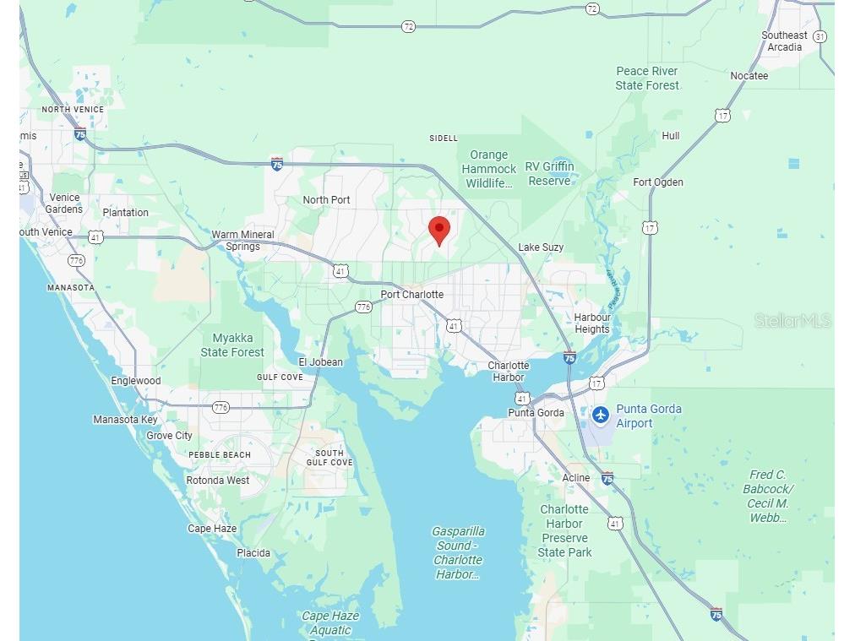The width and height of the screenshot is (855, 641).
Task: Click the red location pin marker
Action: pos(439,230)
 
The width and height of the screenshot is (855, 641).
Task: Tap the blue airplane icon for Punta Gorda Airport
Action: pos(600,415)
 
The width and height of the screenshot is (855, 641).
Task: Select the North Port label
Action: pos(326,200)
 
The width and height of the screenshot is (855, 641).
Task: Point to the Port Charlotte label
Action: pos(411,295)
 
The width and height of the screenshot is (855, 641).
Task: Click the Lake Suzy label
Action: pos(541,247)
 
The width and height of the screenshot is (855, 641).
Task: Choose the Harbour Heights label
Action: pos(592,323)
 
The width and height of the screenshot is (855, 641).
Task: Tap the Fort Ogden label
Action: pos(658,182)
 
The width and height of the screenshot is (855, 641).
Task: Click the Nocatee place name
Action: pos(749,76)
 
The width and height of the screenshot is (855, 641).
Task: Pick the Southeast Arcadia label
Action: pos(784,41)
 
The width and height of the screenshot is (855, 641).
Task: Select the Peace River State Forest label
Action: pos(647,79)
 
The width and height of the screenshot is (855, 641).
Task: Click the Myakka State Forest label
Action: pos(232,345)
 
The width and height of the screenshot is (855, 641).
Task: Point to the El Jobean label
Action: pos(319,362)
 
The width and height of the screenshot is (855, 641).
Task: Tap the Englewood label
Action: pos(135,381)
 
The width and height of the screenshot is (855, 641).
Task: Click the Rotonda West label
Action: pos(218,481)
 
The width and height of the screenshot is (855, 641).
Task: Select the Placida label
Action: pos(253,553)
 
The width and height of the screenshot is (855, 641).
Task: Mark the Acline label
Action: pos(576,478)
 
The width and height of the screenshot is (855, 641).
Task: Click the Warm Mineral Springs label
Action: pos(242,241)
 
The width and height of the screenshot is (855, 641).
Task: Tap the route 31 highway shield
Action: pos(820,37)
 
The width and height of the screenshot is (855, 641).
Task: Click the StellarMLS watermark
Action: pos(792,321)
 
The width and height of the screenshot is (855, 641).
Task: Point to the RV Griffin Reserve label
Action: pos(550,174)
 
